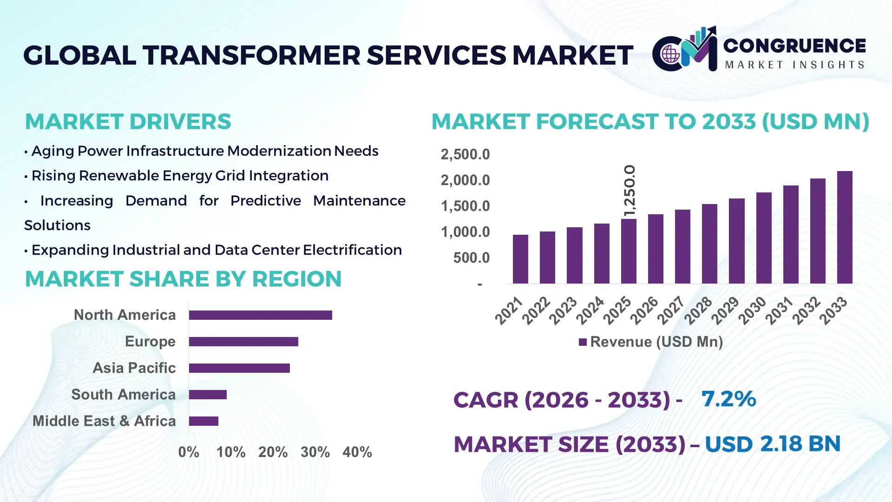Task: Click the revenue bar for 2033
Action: pos(844,227)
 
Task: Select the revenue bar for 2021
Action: pos(520,259)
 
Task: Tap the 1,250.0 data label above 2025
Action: pos(629,191)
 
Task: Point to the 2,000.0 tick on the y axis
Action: pos(465,180)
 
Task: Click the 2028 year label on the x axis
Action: pos(698,310)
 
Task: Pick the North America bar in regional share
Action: pos(260,315)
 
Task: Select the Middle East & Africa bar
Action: pos(203,421)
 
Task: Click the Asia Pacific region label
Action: pos(134,368)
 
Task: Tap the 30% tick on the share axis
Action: pos(315,452)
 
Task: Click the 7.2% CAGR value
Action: pos(728,399)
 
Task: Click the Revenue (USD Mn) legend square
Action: pos(583,342)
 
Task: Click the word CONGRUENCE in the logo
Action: pos(794,46)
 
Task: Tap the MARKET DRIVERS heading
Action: pos(128,122)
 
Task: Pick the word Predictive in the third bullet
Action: pos(265,201)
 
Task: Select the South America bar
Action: pos(208,395)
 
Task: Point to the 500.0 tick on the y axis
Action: pos(471,258)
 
